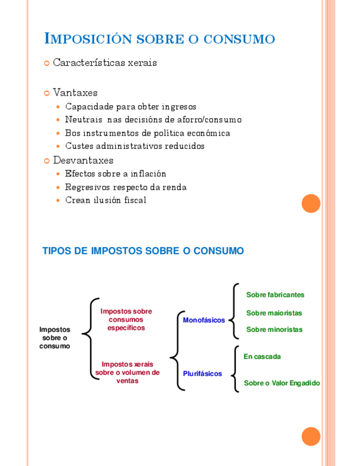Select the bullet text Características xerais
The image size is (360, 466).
[105, 63]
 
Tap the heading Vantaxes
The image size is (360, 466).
[75, 92]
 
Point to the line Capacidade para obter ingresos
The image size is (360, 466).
[130, 107]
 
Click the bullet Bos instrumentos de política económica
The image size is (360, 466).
[147, 133]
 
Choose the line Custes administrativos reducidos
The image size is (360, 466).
[135, 146]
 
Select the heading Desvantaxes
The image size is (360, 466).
[83, 160]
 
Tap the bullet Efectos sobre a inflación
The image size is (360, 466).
[115, 174]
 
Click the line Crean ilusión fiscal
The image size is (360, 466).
[106, 200]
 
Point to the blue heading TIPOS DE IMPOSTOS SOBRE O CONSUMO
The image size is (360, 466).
[143, 251]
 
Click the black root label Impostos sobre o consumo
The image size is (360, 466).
[55, 337]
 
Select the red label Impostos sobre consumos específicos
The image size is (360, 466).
[126, 319]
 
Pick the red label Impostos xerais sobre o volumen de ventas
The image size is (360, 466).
[128, 372]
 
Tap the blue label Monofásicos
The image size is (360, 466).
[204, 320]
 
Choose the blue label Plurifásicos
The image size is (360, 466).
[202, 374]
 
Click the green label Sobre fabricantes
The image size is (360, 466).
[275, 295]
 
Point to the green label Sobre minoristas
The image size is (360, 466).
[274, 330]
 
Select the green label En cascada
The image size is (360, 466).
[262, 357]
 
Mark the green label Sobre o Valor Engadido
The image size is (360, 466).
[281, 383]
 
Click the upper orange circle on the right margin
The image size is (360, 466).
[311, 203]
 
